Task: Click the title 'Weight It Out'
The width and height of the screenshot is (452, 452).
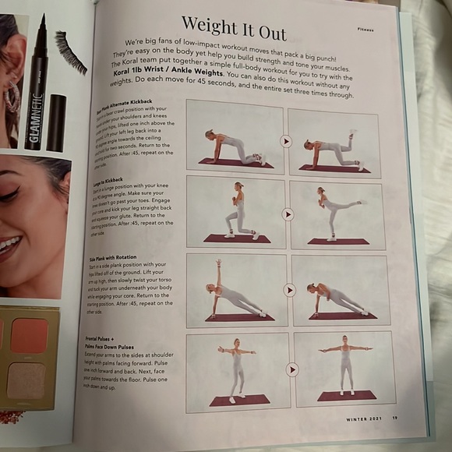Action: coord(233,28)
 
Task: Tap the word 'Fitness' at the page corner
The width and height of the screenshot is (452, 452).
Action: coord(365,29)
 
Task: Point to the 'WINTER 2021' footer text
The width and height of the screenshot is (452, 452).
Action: coord(364,418)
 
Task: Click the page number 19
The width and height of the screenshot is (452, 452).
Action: coord(395,418)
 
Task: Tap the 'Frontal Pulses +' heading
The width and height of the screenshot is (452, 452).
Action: coord(106,338)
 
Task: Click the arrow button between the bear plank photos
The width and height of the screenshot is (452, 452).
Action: coord(286,142)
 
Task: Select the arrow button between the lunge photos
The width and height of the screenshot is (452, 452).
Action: coord(288,214)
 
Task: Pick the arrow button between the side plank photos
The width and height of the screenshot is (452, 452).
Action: coord(290,290)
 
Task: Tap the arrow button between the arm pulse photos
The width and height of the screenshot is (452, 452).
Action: coord(292,369)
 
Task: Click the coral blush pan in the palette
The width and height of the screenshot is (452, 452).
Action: coord(29,335)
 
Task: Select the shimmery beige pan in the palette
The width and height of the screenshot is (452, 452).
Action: coord(29,382)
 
